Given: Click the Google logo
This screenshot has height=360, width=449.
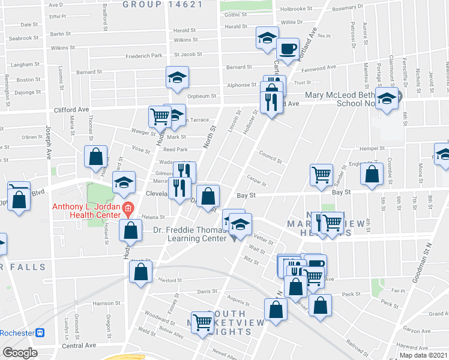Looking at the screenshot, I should [20, 353].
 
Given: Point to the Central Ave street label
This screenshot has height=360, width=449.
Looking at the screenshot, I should [79, 346].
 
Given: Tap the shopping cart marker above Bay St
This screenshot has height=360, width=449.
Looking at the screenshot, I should [322, 175].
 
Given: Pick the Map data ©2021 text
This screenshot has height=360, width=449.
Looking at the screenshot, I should [424, 355].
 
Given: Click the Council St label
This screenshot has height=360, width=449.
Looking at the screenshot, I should [270, 160].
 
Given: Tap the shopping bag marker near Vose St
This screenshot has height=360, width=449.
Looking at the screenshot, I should [95, 157].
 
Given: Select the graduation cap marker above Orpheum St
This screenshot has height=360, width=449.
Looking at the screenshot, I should [177, 77].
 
